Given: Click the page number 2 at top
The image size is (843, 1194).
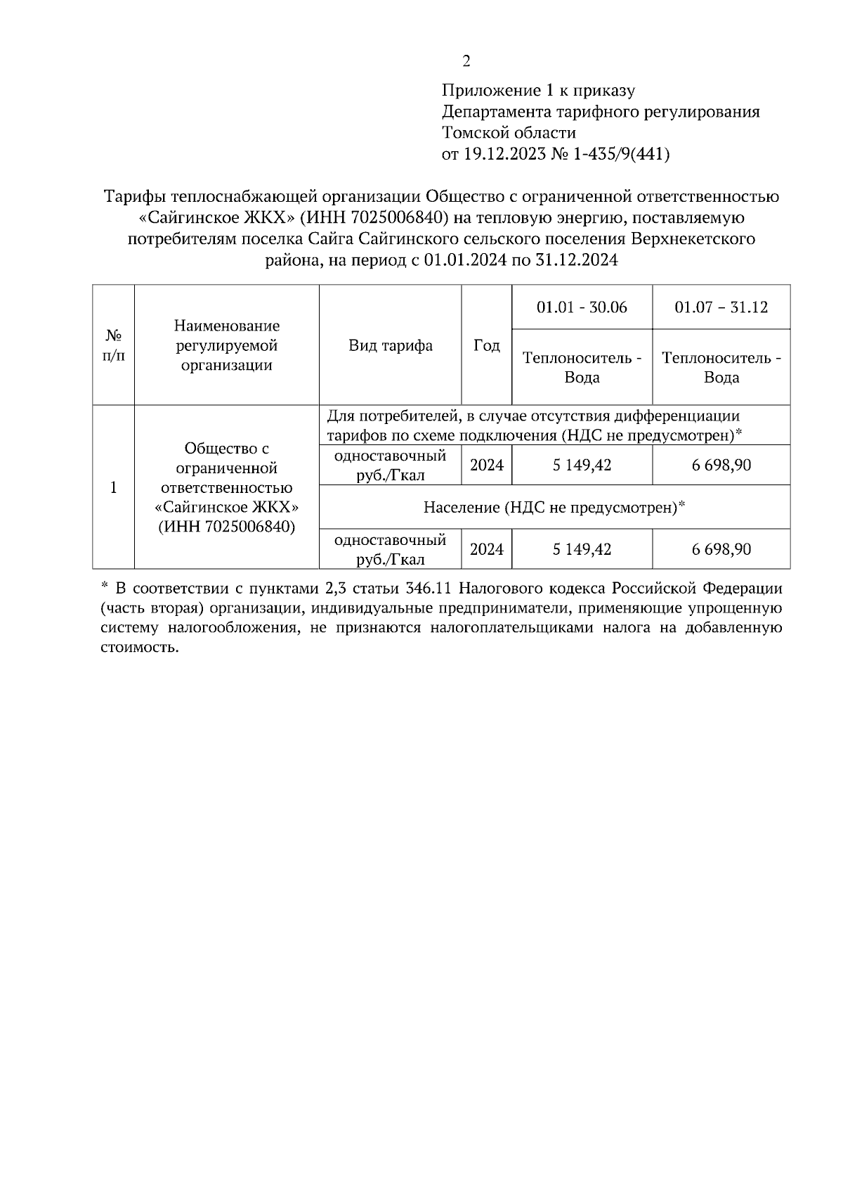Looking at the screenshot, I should (x=466, y=61).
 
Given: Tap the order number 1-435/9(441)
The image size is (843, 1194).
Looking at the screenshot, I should (x=621, y=154).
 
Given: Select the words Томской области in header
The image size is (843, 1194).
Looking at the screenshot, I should (x=509, y=133).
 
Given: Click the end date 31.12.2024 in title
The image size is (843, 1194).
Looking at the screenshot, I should (x=577, y=260).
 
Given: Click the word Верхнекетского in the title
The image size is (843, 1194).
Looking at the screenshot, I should (x=693, y=239).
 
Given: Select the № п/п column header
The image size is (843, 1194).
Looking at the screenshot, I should (x=113, y=345).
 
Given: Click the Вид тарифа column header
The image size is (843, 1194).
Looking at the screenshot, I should (x=391, y=345).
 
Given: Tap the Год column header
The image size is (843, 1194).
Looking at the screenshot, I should (x=487, y=345).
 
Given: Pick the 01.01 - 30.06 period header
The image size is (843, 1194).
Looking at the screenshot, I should (x=582, y=307).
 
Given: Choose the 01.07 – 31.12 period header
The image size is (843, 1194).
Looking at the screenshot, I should (x=721, y=307).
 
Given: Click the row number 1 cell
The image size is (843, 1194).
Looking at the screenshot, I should (x=113, y=487).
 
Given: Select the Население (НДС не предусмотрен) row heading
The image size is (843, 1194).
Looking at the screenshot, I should (x=554, y=507).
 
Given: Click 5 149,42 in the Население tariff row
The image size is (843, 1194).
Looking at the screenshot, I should (x=582, y=549).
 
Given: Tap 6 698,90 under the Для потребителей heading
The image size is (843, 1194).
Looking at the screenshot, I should (x=721, y=466).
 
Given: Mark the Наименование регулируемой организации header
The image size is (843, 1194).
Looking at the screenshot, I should (x=226, y=345).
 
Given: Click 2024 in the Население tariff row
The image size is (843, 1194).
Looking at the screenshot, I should (x=487, y=549).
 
